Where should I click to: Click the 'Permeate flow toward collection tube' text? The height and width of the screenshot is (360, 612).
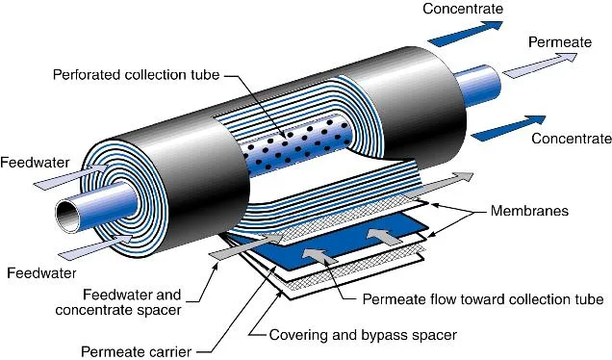point(482,299)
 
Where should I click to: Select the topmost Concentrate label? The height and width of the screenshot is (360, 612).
point(464,10)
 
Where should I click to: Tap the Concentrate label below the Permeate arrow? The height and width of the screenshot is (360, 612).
point(572,139)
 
